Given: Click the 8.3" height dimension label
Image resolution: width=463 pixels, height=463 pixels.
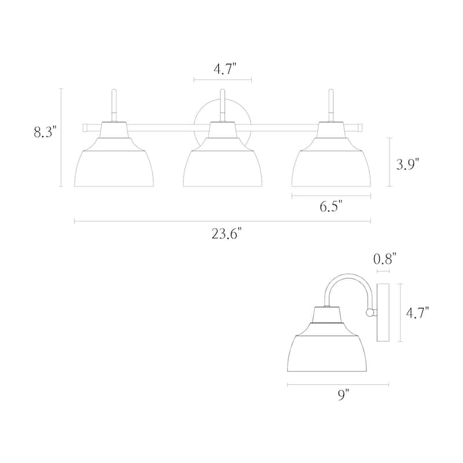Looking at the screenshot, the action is [x=45, y=132].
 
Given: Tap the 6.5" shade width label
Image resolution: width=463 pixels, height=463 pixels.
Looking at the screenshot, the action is [x=331, y=207].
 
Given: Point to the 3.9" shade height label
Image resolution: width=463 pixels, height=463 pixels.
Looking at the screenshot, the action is [x=407, y=164].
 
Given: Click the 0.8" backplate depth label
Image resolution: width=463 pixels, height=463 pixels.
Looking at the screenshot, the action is [x=384, y=259].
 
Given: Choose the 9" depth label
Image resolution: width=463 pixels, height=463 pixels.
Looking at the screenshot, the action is [x=343, y=395].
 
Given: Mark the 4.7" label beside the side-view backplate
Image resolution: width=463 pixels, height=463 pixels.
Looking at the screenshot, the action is [x=417, y=313].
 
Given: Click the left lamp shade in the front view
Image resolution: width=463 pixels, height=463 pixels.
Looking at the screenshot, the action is [x=114, y=163].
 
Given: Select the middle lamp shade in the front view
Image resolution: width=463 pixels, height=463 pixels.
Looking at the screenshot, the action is [x=223, y=163].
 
